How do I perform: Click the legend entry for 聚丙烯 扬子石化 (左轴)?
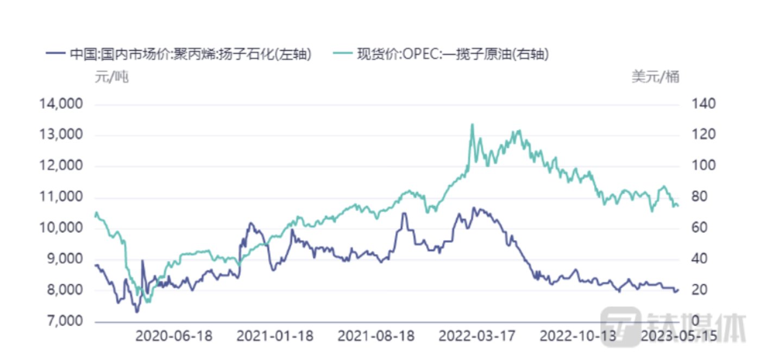pos(179,54)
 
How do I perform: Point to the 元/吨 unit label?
pos(111,77)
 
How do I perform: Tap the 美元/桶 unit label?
pos(655,77)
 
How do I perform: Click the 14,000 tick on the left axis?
pos(61,104)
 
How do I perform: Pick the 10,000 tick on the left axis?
pos(61,228)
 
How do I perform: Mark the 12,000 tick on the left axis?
pos(61,166)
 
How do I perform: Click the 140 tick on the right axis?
pos(704,104)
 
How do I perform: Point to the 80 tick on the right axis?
pos(701,198)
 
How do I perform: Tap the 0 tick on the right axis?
pos(697,322)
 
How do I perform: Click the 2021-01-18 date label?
pos(275,336)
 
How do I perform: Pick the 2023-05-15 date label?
pos(679,336)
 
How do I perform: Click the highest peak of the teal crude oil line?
pos(472,124)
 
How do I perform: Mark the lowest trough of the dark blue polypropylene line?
pos(137,312)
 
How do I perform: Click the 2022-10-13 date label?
pos(578,336)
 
